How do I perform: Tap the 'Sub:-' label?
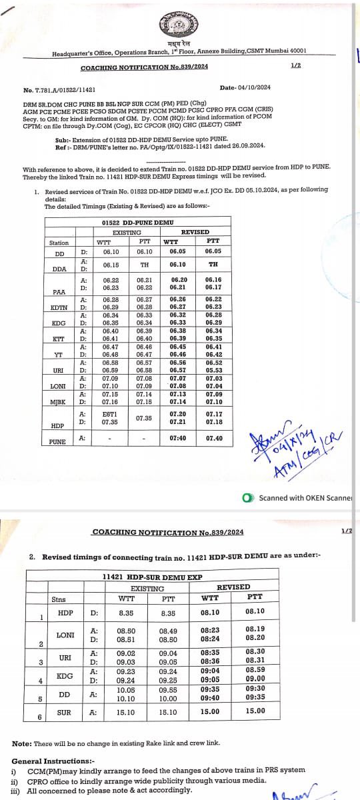click(62, 139)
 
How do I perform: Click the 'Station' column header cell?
click(59, 243)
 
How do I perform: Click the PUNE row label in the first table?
click(57, 441)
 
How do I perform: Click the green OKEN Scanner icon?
click(249, 497)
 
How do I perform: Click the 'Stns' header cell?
click(59, 599)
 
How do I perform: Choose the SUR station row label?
click(65, 711)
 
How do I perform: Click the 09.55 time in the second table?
click(167, 691)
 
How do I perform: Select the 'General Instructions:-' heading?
click(52, 761)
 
